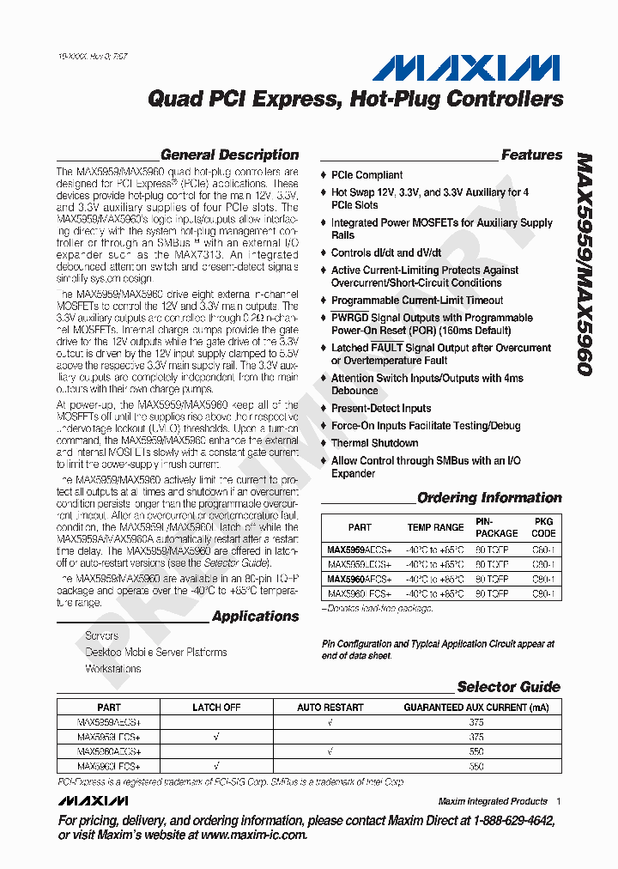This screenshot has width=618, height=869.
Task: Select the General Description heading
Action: (x=229, y=155)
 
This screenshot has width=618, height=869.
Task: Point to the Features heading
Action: (x=531, y=155)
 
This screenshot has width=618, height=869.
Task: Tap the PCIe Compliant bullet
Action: (x=367, y=175)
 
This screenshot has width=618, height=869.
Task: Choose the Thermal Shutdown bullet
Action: (x=374, y=443)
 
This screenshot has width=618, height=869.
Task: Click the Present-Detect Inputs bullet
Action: (x=381, y=408)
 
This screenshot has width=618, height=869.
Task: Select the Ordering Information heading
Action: (x=489, y=498)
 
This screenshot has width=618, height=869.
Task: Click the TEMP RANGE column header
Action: (x=435, y=527)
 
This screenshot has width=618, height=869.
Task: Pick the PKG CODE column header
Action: (x=543, y=527)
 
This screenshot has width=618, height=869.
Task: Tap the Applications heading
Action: (x=255, y=617)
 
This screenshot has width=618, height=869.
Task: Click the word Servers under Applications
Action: (x=102, y=636)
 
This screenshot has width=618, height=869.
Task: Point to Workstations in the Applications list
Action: (x=113, y=668)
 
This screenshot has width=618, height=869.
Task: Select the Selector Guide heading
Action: (x=508, y=687)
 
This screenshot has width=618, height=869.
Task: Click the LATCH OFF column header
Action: (x=216, y=708)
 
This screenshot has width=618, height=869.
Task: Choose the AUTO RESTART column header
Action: (x=330, y=708)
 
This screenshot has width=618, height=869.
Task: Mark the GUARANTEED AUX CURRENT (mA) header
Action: (x=476, y=708)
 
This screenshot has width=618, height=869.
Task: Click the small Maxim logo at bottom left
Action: (x=94, y=800)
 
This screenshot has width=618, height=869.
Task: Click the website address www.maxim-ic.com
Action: (x=253, y=835)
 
